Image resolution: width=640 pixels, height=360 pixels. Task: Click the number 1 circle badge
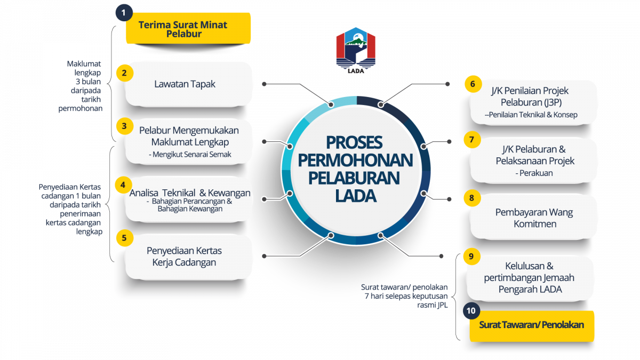[x=124, y=12]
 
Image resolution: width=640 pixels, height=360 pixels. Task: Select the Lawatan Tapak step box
[x=185, y=84]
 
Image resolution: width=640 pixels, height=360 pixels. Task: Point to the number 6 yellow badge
[x=471, y=84]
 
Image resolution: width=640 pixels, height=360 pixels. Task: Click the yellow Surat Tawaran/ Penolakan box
[x=531, y=325]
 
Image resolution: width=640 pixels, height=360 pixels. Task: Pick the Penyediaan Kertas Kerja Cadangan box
[x=184, y=256]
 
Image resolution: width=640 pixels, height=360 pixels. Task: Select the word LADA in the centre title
[x=356, y=196]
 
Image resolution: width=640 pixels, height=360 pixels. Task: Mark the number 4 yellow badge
[x=123, y=185]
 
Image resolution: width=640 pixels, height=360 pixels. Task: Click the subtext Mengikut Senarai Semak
[x=194, y=155]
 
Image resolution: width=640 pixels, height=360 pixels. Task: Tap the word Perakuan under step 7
[x=534, y=173]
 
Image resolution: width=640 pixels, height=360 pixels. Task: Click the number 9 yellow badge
[x=470, y=256]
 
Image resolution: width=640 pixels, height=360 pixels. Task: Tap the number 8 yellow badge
[x=471, y=198]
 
